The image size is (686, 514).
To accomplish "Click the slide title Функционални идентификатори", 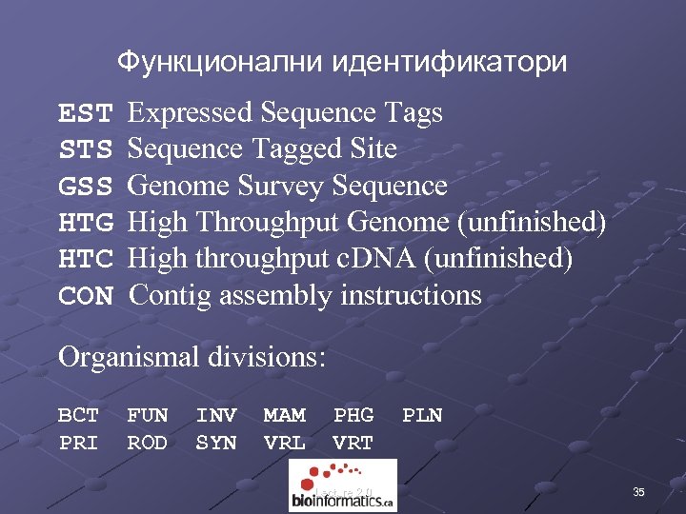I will pyautogui.click(x=342, y=63).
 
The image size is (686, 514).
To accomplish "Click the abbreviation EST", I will pyautogui.click(x=86, y=114).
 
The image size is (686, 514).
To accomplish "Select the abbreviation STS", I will pyautogui.click(x=86, y=150).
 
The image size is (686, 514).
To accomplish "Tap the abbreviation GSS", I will pyautogui.click(x=86, y=187).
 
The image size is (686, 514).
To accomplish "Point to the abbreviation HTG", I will pyautogui.click(x=86, y=223).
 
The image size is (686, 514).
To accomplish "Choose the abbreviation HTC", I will pyautogui.click(x=86, y=259).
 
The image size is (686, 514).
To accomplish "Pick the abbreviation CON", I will pyautogui.click(x=86, y=295).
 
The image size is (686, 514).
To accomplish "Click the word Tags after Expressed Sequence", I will pyautogui.click(x=414, y=114).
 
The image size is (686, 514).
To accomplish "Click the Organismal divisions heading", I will pyautogui.click(x=192, y=358).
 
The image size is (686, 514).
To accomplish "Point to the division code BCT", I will pyautogui.click(x=78, y=415).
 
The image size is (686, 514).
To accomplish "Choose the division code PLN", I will pyautogui.click(x=422, y=415).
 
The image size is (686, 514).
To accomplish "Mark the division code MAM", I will pyautogui.click(x=284, y=415).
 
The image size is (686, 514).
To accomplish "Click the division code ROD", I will pyautogui.click(x=147, y=443).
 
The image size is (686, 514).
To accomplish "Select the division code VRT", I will pyautogui.click(x=353, y=443).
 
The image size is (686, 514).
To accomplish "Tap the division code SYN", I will pyautogui.click(x=215, y=443).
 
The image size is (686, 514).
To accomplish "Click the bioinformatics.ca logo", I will pyautogui.click(x=342, y=485).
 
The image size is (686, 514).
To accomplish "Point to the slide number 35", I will pyautogui.click(x=638, y=492).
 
